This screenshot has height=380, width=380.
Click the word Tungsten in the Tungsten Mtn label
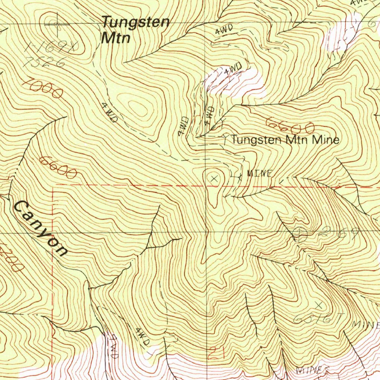[136, 22]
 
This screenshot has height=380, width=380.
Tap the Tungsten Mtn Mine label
[285, 140]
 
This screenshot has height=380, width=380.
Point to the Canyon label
[40, 228]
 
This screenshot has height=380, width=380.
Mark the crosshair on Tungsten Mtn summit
[56, 24]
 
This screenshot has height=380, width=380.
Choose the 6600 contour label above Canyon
[58, 167]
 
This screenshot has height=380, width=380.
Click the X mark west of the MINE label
[213, 179]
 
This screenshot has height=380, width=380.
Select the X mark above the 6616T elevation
[319, 305]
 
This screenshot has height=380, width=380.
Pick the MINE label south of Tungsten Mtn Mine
[260, 173]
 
